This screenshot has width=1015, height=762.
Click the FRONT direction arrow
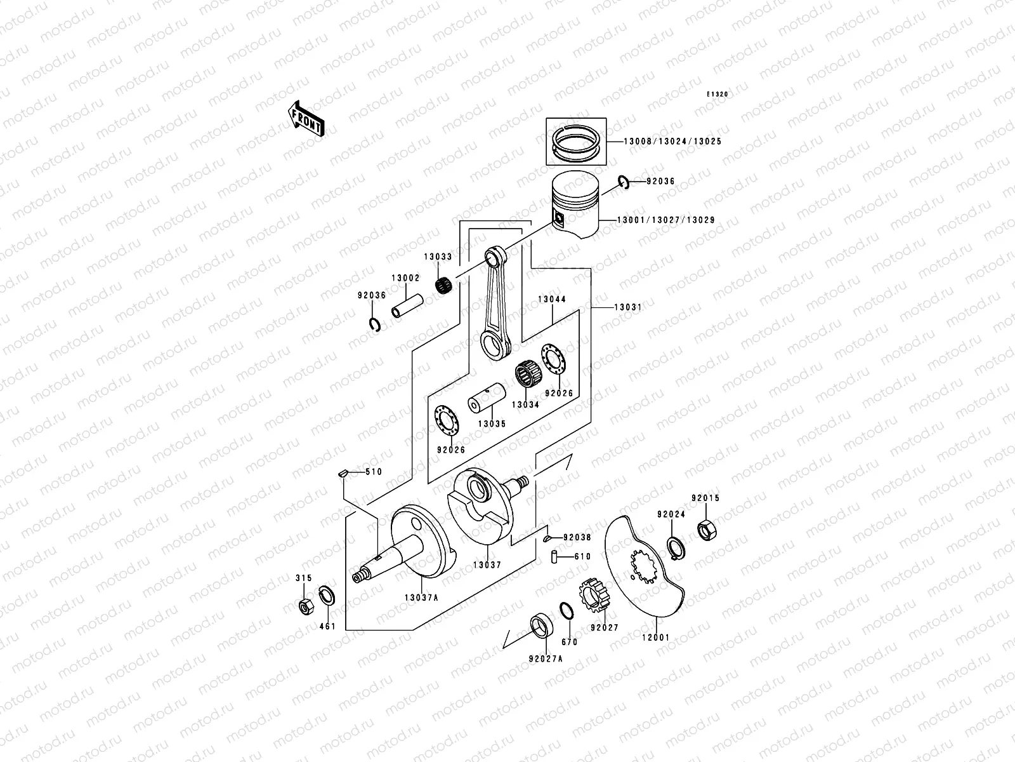click(x=307, y=118)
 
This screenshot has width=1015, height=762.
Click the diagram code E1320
click(x=718, y=94)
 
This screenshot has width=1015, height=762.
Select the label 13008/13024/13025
click(x=663, y=142)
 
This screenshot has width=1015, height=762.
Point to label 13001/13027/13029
click(x=665, y=220)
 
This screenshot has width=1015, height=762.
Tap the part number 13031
click(x=627, y=307)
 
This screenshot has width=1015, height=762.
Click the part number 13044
click(x=552, y=299)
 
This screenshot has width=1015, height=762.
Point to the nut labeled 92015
click(x=705, y=528)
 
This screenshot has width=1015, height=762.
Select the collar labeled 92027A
click(x=540, y=625)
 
